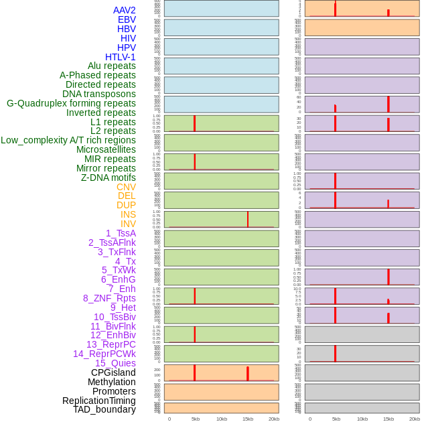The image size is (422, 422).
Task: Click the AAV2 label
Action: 124,10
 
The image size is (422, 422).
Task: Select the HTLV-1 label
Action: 120,57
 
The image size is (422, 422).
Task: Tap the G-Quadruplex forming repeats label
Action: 71,103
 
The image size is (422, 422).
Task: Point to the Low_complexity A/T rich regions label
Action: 68,140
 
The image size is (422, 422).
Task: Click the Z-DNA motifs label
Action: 109,178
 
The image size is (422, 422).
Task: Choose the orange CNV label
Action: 126,187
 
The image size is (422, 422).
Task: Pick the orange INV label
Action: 128,224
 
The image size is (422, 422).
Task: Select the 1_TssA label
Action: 121,233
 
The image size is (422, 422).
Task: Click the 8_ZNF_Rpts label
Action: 109,298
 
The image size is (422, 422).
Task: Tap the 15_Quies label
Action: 115,363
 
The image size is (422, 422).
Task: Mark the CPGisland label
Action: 113,372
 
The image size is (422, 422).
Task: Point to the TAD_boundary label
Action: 104,409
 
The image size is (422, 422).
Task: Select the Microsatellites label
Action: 106,149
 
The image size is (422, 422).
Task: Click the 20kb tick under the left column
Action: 274,419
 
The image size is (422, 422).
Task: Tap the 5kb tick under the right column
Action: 336,419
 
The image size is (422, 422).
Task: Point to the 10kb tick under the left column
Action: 222,419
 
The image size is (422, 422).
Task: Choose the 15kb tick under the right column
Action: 389,419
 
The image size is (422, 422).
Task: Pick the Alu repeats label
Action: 111,66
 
